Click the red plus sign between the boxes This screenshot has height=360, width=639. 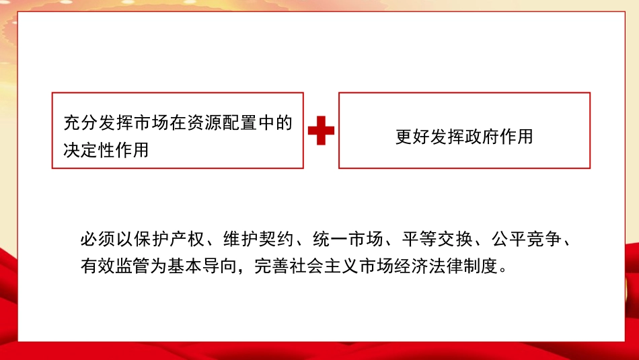pyautogui.click(x=321, y=131)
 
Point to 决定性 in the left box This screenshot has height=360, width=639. pyautogui.click(x=89, y=150)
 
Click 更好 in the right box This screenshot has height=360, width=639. pyautogui.click(x=413, y=137)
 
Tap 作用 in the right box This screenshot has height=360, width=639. pyautogui.click(x=516, y=137)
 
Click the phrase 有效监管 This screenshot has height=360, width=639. pyautogui.click(x=115, y=267)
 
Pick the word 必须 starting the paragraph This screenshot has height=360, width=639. pyautogui.click(x=97, y=240)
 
